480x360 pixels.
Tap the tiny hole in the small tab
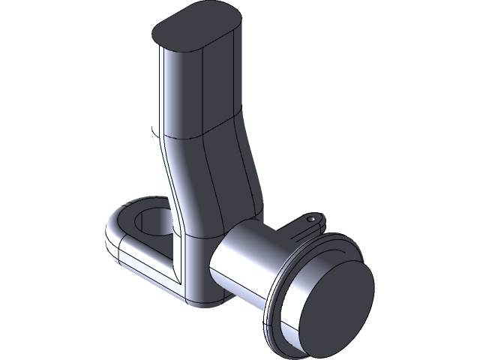(310, 220)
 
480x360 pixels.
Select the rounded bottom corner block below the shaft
(199, 289)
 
